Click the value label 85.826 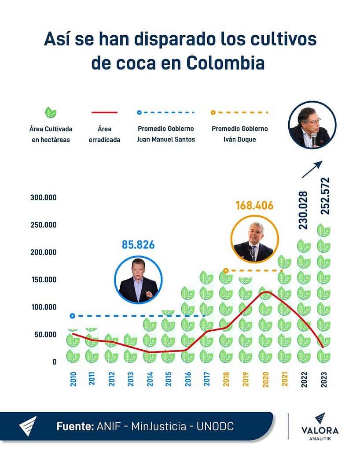pyautogui.click(x=138, y=244)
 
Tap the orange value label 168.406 pyautogui.click(x=254, y=206)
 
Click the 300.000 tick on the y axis pyautogui.click(x=44, y=197)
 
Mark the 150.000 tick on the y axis pyautogui.click(x=44, y=280)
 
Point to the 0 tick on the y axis pyautogui.click(x=55, y=362)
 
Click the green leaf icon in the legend pyautogui.click(x=51, y=113)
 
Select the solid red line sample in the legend pyautogui.click(x=104, y=113)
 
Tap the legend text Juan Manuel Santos pyautogui.click(x=166, y=140)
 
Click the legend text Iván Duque pyautogui.click(x=239, y=140)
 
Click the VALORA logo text pyautogui.click(x=320, y=430)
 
